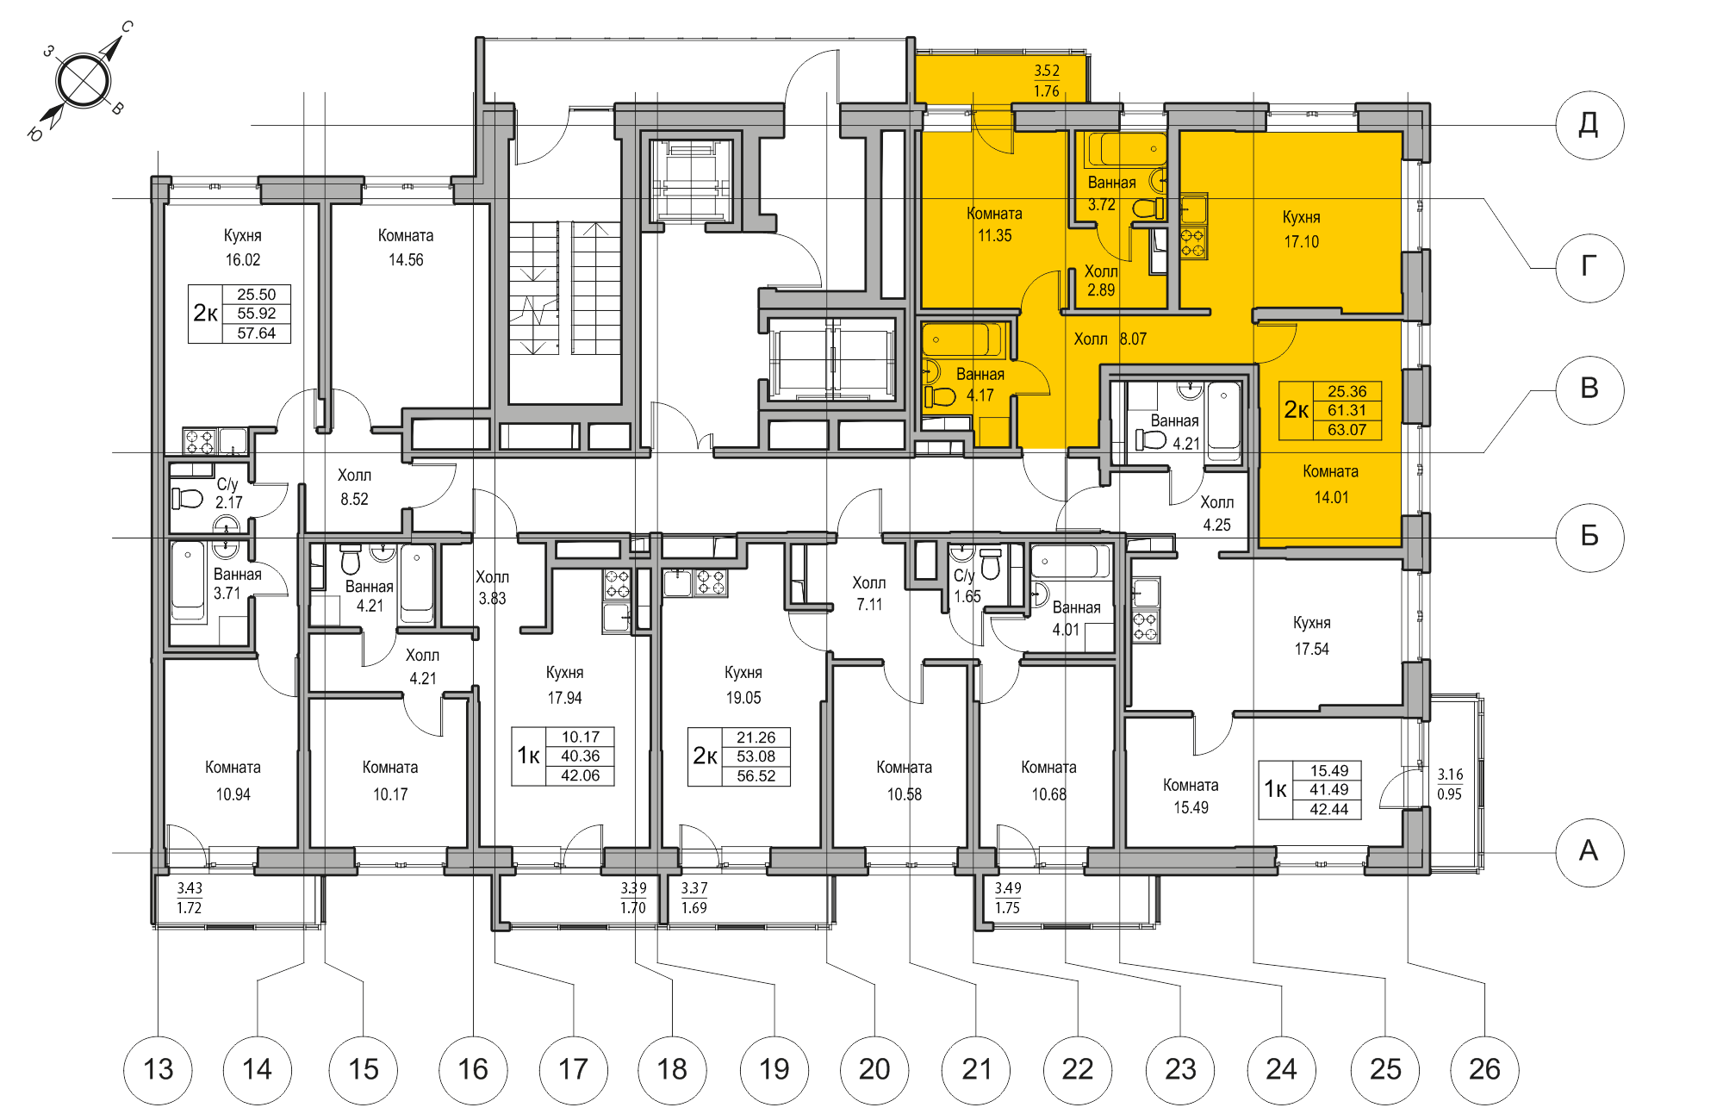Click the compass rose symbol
(x=83, y=81)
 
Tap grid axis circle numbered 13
(x=159, y=1069)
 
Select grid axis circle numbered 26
(x=1484, y=1069)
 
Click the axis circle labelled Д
(x=1589, y=125)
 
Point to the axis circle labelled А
(x=1589, y=851)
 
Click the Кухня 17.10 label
(x=1301, y=229)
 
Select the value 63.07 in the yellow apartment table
(x=1347, y=430)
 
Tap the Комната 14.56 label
(x=406, y=247)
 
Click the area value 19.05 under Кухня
(x=743, y=698)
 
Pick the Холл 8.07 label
(x=1110, y=339)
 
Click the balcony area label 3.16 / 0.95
(x=1450, y=784)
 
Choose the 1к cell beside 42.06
(x=528, y=756)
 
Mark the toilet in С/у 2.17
(x=186, y=498)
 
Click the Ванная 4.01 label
(x=1075, y=618)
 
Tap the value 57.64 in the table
(x=256, y=333)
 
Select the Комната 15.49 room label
(x=1191, y=796)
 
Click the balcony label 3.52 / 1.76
(x=1046, y=81)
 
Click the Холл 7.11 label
(x=868, y=594)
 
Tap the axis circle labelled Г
(x=1589, y=267)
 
